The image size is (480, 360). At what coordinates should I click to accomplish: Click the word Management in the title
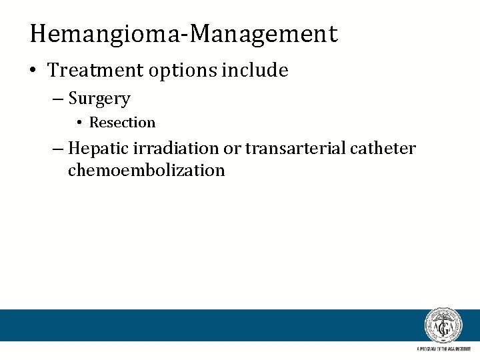[263, 33]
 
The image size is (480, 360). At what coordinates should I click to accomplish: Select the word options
[173, 70]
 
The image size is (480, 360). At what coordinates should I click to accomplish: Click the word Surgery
[99, 99]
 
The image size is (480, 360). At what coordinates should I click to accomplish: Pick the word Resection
[122, 123]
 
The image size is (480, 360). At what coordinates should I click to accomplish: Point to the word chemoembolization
[147, 171]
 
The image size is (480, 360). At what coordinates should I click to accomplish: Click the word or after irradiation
[232, 149]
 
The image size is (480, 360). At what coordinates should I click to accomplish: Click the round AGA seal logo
[443, 326]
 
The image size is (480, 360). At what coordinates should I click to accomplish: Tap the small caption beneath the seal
[443, 349]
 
